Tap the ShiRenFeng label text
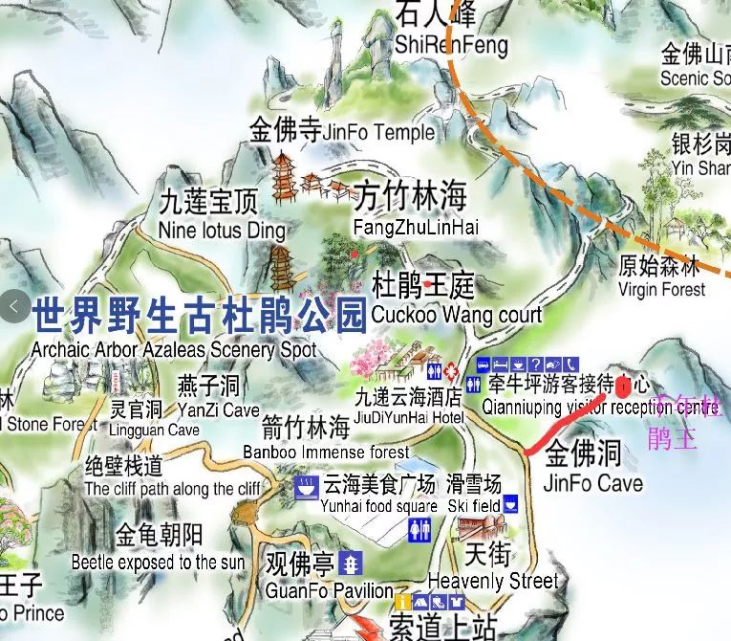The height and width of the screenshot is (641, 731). [450, 45]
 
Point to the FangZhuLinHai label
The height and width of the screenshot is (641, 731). [415, 227]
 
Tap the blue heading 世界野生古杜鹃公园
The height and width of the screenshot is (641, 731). [200, 313]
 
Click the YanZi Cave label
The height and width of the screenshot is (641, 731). [218, 409]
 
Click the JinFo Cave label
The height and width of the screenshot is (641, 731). [591, 482]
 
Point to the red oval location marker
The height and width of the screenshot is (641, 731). [623, 387]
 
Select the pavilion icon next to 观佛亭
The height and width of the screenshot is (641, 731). [353, 562]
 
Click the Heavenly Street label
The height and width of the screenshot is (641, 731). [492, 580]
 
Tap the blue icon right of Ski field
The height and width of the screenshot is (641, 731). [511, 503]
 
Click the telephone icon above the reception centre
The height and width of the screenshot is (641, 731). [571, 365]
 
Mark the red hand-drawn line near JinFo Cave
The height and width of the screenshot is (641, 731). [564, 421]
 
